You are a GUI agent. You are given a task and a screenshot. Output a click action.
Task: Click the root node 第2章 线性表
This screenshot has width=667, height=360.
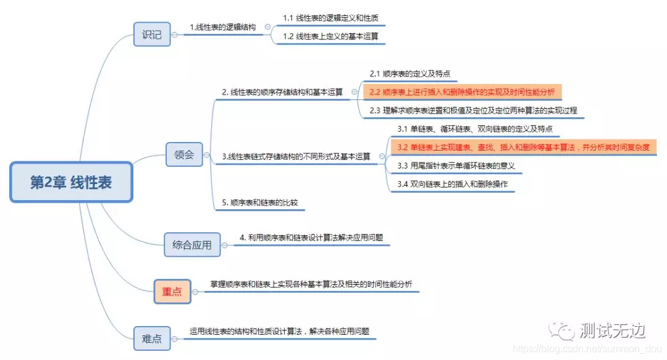point(71,182)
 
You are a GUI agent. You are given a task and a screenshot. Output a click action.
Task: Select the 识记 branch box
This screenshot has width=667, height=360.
point(152,35)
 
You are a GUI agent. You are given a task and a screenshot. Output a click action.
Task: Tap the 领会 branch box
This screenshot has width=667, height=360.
point(184,154)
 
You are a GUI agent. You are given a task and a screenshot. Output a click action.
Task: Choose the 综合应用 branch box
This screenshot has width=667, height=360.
point(191,245)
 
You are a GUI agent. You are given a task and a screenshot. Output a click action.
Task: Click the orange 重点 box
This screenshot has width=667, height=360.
point(172,291)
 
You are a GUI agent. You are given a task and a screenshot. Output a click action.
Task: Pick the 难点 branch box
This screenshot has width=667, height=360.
point(152,338)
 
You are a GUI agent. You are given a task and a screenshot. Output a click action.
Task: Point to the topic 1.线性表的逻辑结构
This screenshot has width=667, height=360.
point(225,27)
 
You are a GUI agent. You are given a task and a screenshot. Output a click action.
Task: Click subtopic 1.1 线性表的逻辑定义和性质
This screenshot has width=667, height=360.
point(330,18)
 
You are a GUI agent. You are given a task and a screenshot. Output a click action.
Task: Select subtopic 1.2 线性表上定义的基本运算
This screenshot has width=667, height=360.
point(330,36)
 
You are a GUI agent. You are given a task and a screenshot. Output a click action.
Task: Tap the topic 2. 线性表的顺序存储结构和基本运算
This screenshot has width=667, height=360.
point(282,93)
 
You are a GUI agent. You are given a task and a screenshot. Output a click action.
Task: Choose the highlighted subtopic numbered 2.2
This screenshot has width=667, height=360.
point(462,93)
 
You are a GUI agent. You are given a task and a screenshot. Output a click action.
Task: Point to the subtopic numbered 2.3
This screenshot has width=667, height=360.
point(473,111)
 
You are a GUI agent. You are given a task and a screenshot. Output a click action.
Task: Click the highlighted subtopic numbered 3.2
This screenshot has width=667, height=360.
point(523,147)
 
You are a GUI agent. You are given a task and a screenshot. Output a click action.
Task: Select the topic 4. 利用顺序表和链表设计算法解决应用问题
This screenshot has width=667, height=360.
point(315,237)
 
